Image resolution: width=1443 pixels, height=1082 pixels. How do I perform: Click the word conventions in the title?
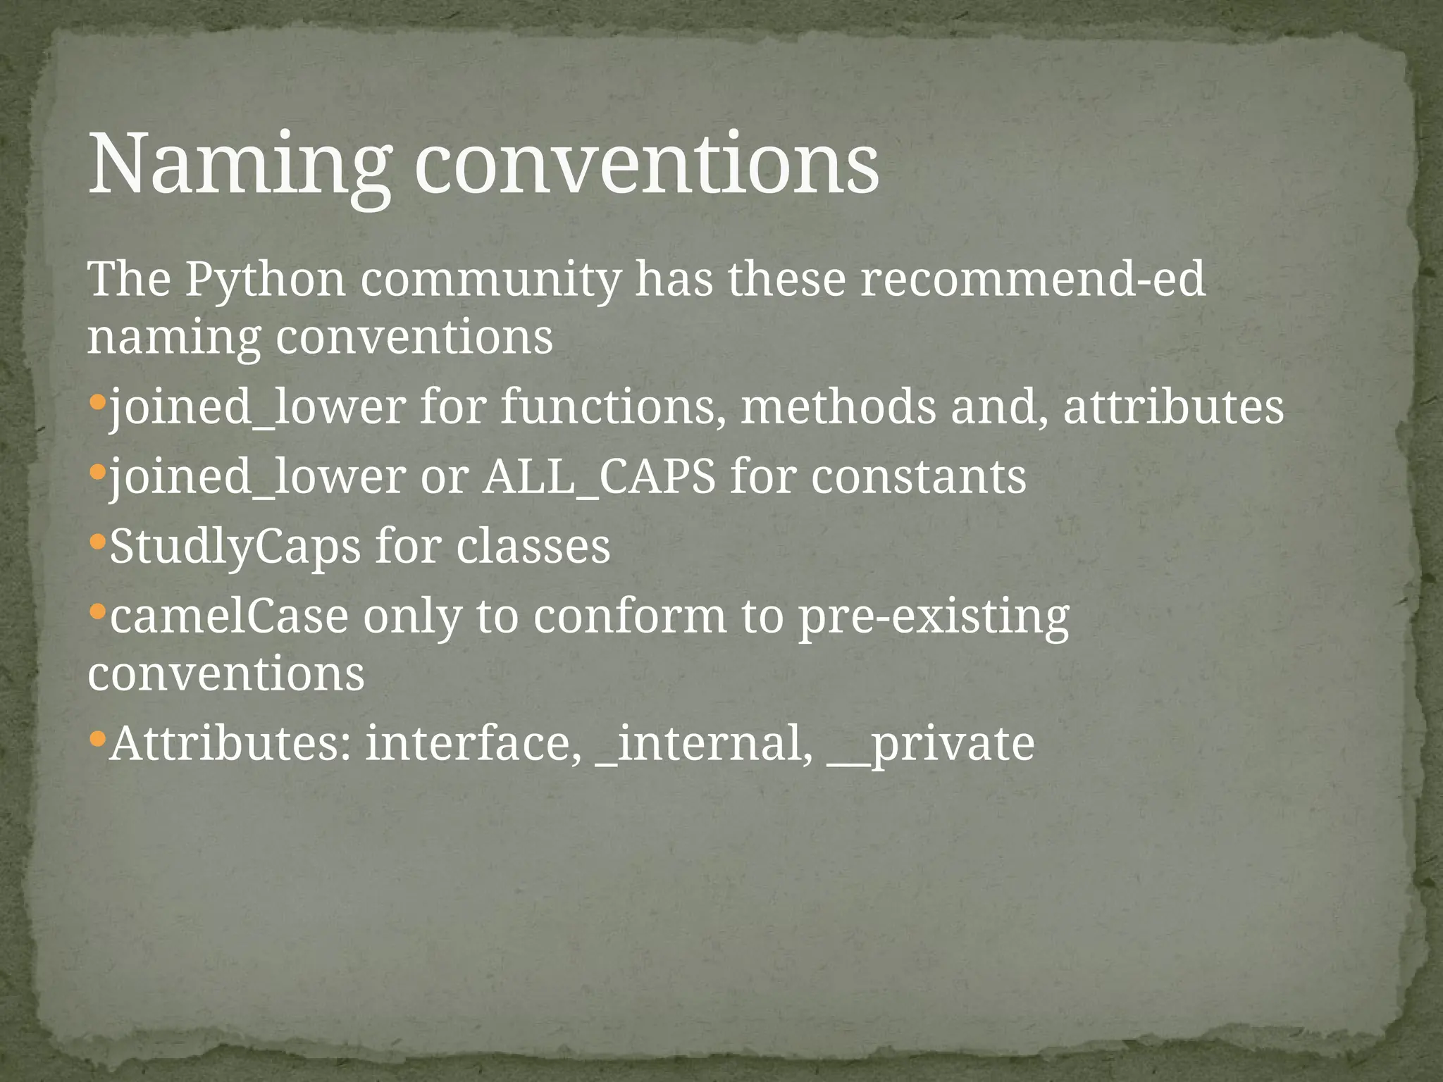(x=646, y=166)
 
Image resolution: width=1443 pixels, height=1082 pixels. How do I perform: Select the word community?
(x=491, y=280)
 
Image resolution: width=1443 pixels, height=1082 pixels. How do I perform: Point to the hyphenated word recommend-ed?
(x=1032, y=280)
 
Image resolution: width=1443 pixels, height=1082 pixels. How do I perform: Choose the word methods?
(x=838, y=408)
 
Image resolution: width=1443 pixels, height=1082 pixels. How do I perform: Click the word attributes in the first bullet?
(x=1173, y=408)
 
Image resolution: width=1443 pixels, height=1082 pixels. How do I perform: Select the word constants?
(x=918, y=477)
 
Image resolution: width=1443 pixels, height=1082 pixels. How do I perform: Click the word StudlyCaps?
(x=235, y=547)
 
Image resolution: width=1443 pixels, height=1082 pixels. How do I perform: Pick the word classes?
(x=533, y=547)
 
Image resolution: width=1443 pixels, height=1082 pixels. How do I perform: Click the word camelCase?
(x=229, y=616)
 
